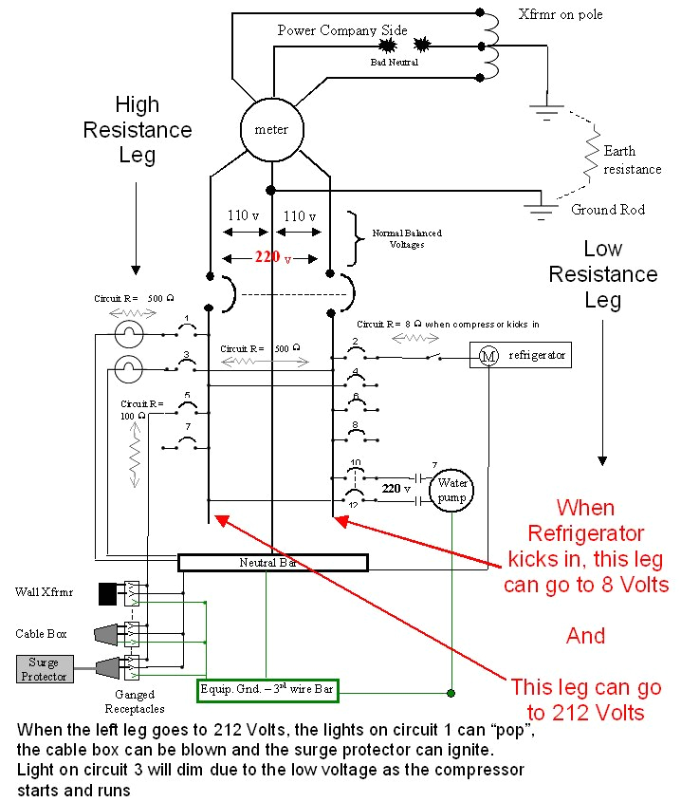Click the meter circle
271,129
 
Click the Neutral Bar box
272,563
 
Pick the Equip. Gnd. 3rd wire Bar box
268,690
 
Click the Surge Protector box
44,668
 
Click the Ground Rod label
607,210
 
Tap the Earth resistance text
632,159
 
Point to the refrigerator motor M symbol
488,356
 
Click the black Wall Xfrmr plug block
107,594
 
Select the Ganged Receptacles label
133,701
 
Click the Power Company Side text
342,30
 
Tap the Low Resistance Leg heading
602,274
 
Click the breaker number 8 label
355,424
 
